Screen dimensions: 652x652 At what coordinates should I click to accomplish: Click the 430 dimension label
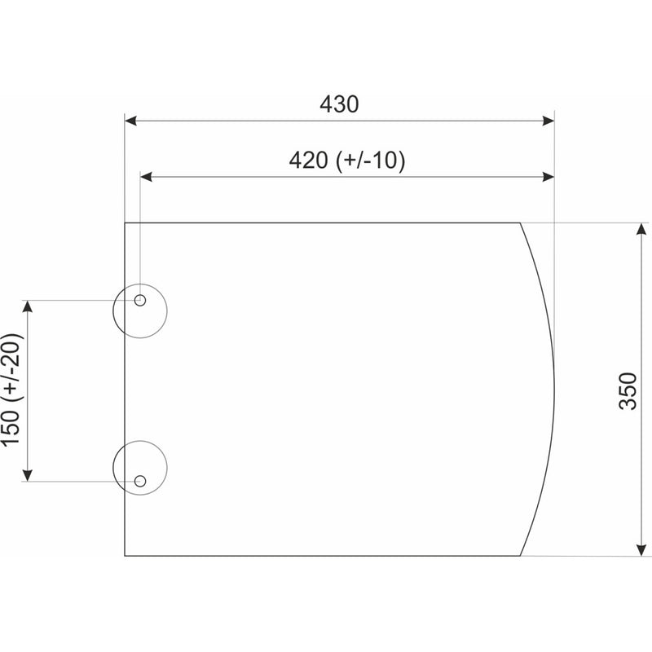point(339,104)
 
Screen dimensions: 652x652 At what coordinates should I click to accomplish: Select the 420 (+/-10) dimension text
point(347,161)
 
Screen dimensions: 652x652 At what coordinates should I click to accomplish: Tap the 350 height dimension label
point(628,391)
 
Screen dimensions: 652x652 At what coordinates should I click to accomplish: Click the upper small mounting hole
point(140,300)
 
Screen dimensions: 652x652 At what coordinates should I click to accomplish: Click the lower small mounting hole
point(140,481)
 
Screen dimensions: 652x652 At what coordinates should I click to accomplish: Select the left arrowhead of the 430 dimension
point(130,121)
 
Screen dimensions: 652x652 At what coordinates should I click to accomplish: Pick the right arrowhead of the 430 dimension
point(548,121)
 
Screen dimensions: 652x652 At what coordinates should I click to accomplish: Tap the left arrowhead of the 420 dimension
point(146,177)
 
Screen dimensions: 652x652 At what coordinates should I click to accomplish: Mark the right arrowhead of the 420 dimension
point(548,177)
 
